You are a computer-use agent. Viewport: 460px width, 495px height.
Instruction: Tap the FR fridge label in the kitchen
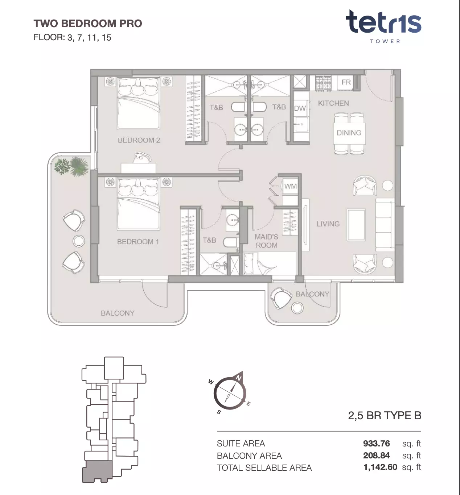click(x=346, y=82)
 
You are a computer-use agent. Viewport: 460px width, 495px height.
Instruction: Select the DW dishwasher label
click(x=300, y=108)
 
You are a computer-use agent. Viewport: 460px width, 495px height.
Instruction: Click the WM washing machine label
click(x=290, y=186)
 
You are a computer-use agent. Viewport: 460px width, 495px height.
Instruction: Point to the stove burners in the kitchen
click(x=323, y=83)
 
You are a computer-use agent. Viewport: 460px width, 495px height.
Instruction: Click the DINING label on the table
click(x=349, y=133)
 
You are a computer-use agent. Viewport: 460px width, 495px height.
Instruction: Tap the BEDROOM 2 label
click(x=139, y=140)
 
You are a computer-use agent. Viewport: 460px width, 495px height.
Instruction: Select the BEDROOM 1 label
click(x=138, y=241)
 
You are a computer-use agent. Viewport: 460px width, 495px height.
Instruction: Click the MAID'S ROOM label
click(x=266, y=241)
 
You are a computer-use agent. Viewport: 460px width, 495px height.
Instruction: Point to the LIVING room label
click(x=328, y=224)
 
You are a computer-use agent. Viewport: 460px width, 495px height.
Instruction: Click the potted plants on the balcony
click(x=71, y=166)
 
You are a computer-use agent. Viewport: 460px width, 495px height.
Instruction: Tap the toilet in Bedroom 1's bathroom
click(x=230, y=242)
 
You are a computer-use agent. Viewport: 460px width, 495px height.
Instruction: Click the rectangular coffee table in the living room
click(x=356, y=225)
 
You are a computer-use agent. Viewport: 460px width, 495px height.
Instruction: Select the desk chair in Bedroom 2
click(x=142, y=158)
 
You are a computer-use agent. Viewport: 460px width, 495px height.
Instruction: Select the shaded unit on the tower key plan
click(x=97, y=471)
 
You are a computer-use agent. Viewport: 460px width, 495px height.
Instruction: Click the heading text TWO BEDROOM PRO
click(x=88, y=24)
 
